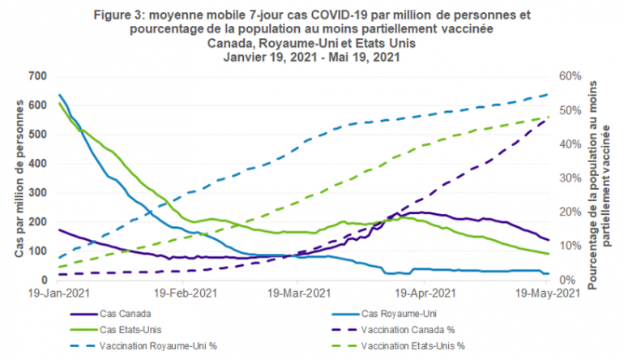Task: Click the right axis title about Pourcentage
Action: click(x=597, y=178)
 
